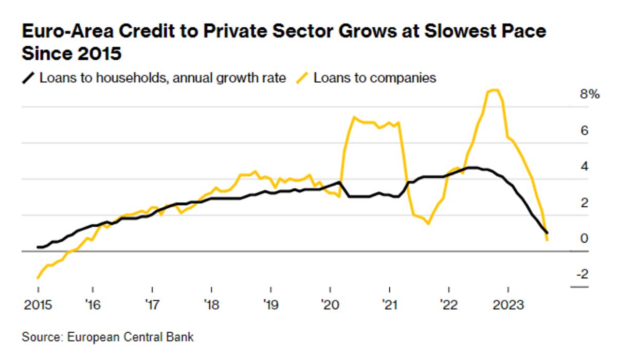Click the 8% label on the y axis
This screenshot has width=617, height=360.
pyautogui.click(x=589, y=95)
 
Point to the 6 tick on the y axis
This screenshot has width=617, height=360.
pyautogui.click(x=584, y=131)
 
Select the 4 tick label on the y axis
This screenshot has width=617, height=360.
pyautogui.click(x=584, y=167)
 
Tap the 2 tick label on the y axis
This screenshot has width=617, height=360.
pyautogui.click(x=584, y=203)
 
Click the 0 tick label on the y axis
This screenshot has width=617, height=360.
pyautogui.click(x=584, y=239)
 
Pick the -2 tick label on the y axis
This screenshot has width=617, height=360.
pyautogui.click(x=582, y=275)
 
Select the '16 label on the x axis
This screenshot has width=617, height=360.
pyautogui.click(x=93, y=305)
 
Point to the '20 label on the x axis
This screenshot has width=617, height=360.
pyautogui.click(x=329, y=305)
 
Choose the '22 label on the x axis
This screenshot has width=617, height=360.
pyautogui.click(x=448, y=305)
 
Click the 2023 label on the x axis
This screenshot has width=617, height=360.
pyautogui.click(x=508, y=305)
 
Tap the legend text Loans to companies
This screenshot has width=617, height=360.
pyautogui.click(x=375, y=78)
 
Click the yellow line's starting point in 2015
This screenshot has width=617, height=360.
pyautogui.click(x=38, y=278)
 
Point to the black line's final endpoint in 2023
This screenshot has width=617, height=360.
pyautogui.click(x=547, y=233)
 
